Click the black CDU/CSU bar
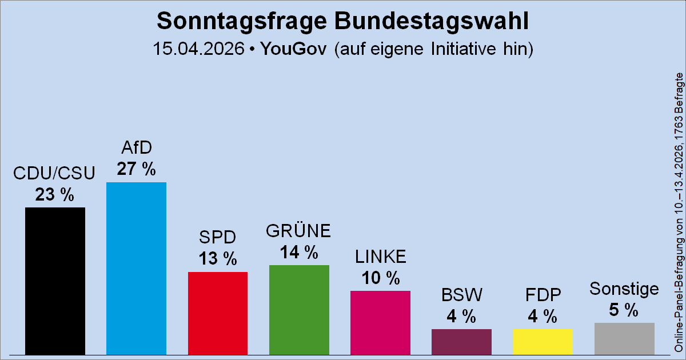pos(55,280)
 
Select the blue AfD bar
pos(136,267)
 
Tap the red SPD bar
pos(218,313)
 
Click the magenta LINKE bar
pos(380,322)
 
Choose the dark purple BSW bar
pos(461,341)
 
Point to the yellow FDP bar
pos(543,341)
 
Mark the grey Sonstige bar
pos(624,338)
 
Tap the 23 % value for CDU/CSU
pos(55,194)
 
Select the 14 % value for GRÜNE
pos(298,252)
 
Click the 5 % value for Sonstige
pos(624,310)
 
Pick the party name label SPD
pos(217,237)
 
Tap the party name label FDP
pos(543,295)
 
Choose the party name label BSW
pos(461,295)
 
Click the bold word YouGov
pos(293,49)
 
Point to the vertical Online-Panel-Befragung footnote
pos(679,211)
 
